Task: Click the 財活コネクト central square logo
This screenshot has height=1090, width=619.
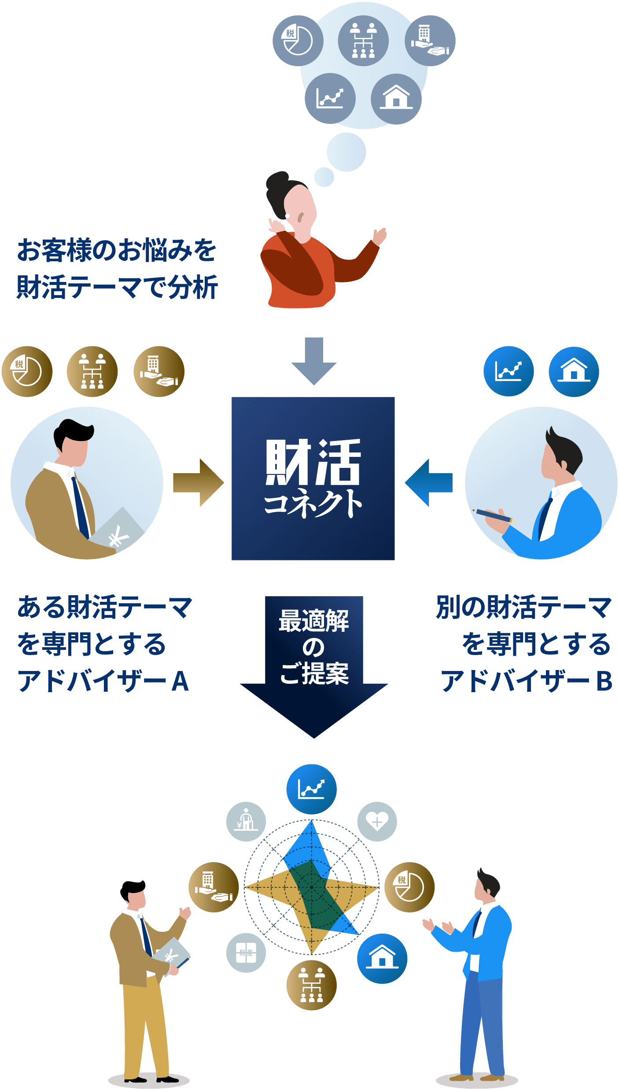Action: tap(313, 478)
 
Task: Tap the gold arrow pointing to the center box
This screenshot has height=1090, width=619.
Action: tap(198, 483)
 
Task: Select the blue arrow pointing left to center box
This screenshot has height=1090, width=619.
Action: tap(429, 482)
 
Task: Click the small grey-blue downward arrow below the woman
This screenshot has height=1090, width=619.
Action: tap(314, 360)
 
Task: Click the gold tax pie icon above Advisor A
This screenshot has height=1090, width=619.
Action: tap(27, 371)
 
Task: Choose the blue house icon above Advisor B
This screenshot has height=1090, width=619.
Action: tap(574, 371)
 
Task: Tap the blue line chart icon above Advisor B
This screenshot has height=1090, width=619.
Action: tap(508, 371)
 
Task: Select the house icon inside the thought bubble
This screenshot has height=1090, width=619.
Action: tap(396, 99)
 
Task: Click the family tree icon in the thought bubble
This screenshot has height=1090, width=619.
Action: tap(363, 41)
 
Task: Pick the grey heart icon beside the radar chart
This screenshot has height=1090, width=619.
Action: tap(377, 822)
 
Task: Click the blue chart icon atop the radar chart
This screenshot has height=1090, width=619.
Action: tap(312, 789)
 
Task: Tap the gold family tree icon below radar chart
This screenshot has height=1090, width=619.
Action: tap(311, 985)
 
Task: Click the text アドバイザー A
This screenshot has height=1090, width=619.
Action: tap(103, 681)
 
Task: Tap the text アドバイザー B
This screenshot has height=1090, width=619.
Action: tap(526, 681)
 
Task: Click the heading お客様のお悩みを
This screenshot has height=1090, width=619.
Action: tap(117, 250)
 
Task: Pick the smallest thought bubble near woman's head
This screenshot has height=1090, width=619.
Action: tap(324, 177)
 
